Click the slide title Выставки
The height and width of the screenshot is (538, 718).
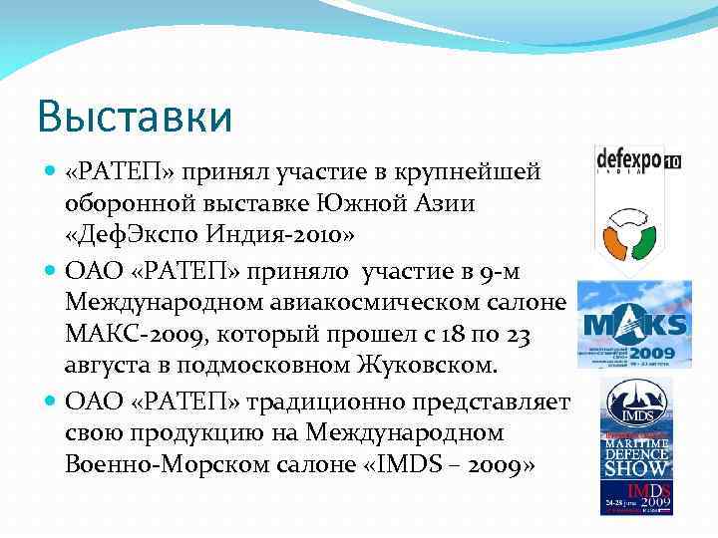tap(135, 117)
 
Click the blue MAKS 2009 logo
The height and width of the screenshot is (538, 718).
tap(634, 324)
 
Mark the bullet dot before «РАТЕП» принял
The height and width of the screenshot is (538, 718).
tap(51, 172)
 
